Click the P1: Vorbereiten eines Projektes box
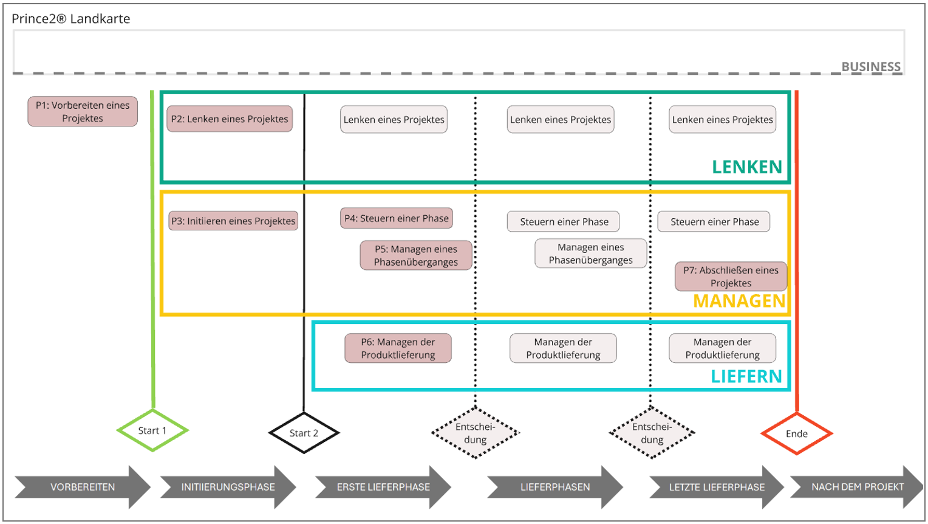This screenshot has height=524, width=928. tap(83, 111)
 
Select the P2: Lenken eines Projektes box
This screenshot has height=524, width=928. tap(230, 119)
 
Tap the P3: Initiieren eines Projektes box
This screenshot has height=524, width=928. tap(233, 221)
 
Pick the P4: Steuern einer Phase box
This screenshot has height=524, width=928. tap(397, 218)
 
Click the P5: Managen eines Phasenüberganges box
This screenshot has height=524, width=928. tap(416, 255)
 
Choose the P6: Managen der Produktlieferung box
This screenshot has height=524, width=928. tap(398, 348)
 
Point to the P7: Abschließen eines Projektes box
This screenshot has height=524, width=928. tap(731, 277)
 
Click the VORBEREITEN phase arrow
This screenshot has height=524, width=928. tap(83, 487)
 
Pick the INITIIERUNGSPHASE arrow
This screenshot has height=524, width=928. tap(228, 487)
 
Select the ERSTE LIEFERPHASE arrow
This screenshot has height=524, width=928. tap(383, 487)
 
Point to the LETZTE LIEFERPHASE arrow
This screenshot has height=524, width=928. tap(717, 487)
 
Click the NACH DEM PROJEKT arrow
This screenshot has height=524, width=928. tap(858, 487)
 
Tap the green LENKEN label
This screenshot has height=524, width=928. tap(747, 167)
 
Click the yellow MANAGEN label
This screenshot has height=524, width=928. tap(740, 301)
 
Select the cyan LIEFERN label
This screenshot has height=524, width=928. tap(746, 376)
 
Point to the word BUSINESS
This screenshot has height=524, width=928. tap(871, 67)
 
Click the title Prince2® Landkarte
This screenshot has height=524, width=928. tap(71, 19)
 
